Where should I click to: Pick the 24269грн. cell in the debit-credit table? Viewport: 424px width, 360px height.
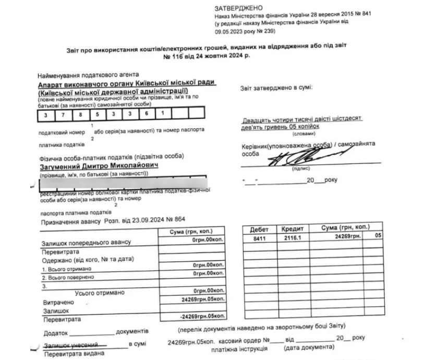(344, 237)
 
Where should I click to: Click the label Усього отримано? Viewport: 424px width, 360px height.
(100, 293)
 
